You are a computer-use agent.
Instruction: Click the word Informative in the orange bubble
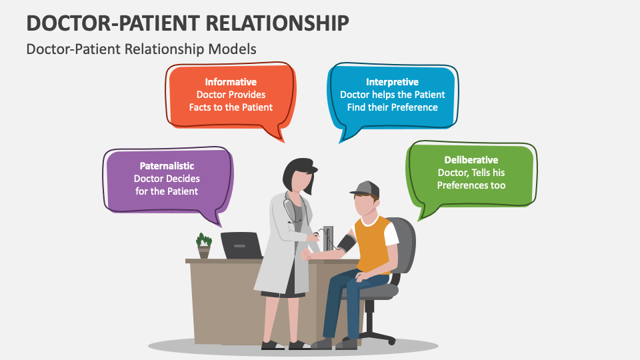(x=231, y=82)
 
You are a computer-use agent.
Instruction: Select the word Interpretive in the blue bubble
(x=392, y=82)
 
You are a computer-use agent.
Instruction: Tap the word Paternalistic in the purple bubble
(x=167, y=166)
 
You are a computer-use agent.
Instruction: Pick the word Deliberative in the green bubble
(x=471, y=160)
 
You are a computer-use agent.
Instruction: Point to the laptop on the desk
(x=241, y=245)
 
